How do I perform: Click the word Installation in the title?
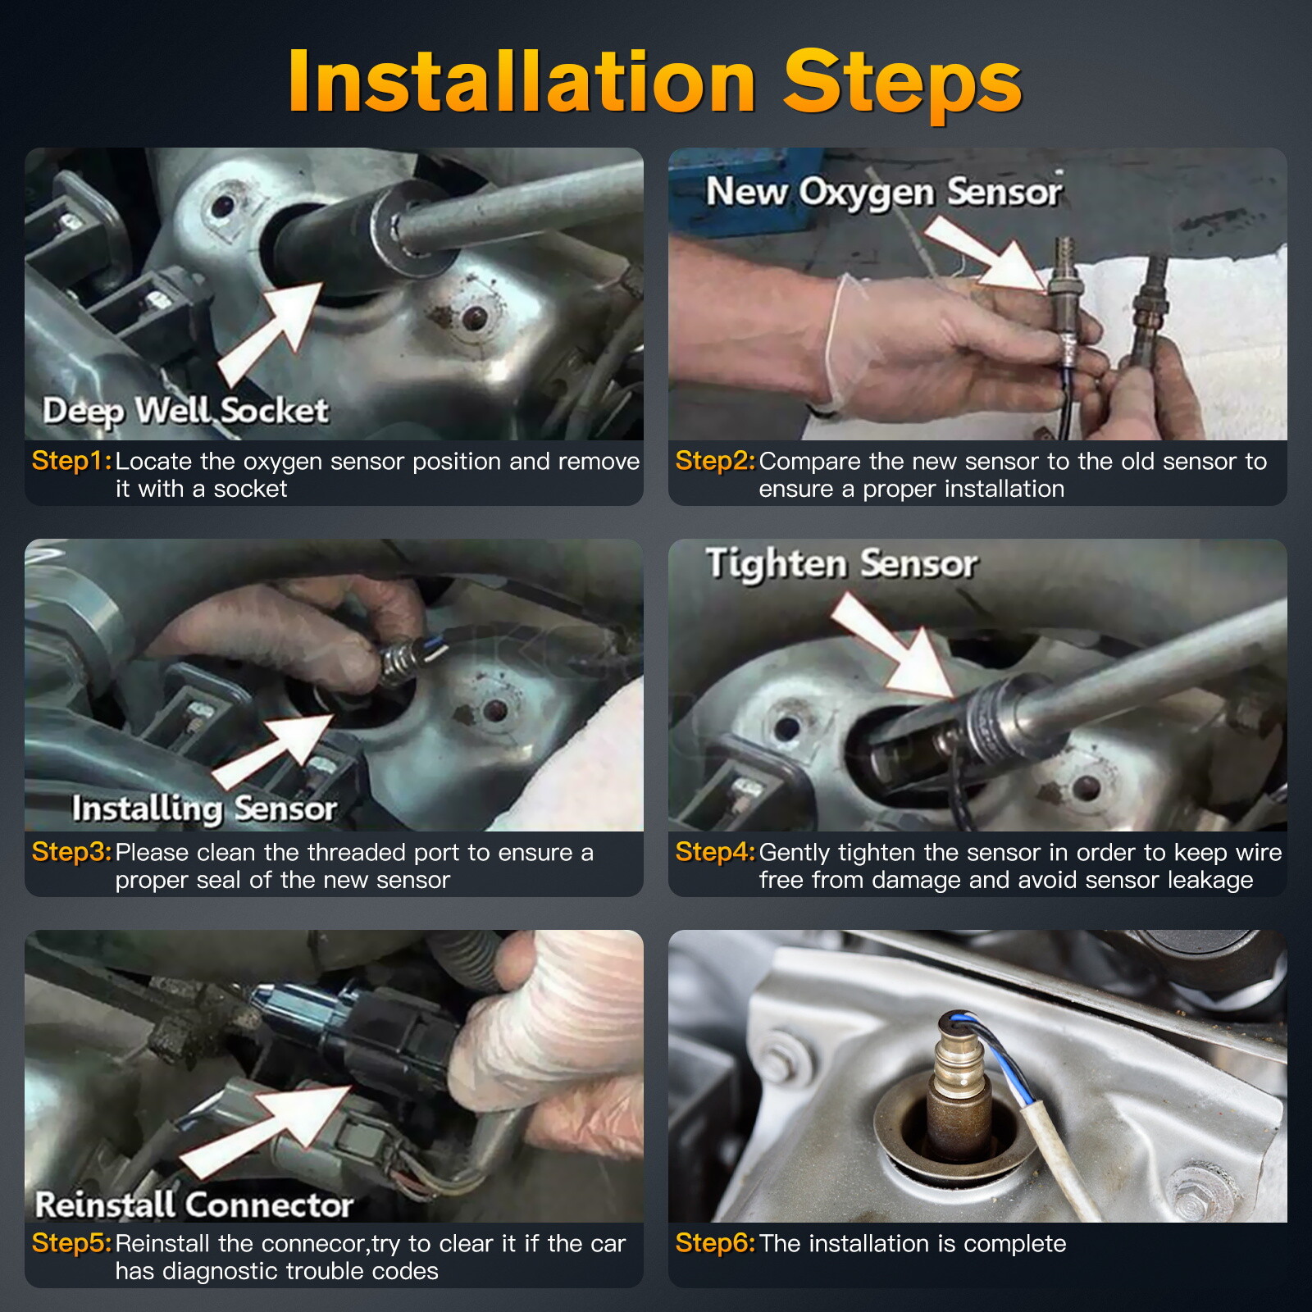tap(522, 81)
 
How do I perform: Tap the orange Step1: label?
tap(71, 461)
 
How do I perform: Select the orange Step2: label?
tap(715, 461)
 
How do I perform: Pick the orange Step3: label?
tap(71, 852)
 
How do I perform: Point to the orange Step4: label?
tap(715, 852)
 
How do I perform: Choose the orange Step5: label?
tap(71, 1243)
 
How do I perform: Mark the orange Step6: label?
tap(715, 1243)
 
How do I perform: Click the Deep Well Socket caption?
tap(185, 411)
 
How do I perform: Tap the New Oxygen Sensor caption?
tap(884, 192)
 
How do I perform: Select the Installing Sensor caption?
tap(204, 809)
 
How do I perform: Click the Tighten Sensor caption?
tap(842, 564)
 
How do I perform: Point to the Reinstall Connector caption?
tap(194, 1205)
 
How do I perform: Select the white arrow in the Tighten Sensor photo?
tap(892, 648)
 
